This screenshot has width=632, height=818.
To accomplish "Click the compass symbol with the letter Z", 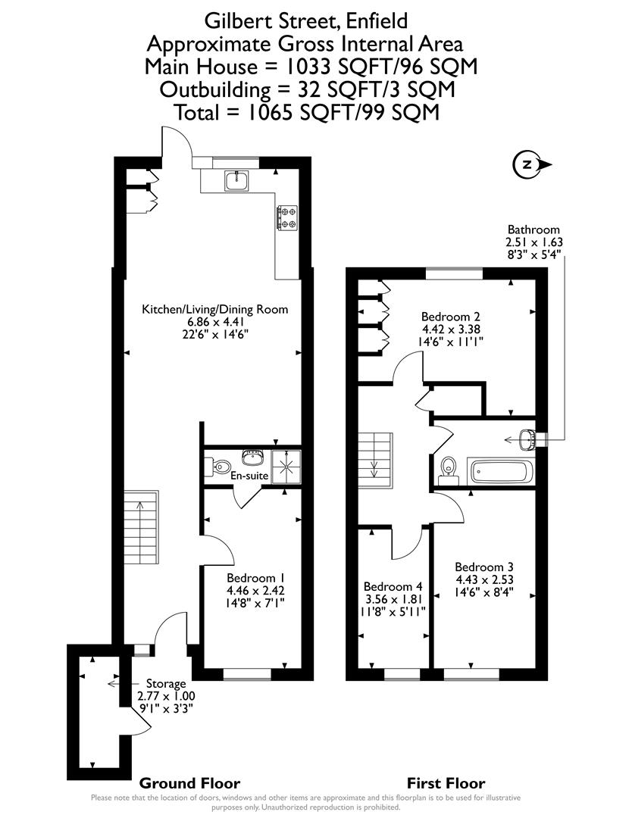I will (x=527, y=164).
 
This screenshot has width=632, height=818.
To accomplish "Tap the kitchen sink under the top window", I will (x=236, y=180).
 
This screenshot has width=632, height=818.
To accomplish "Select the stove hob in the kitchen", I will (x=288, y=217).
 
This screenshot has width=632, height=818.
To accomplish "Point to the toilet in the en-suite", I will (x=219, y=465).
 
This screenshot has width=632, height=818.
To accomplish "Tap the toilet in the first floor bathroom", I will (x=447, y=470).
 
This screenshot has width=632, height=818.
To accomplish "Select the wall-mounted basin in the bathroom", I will (x=527, y=439).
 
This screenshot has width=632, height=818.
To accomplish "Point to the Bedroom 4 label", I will (x=393, y=586).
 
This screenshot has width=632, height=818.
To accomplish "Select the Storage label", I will (x=166, y=684).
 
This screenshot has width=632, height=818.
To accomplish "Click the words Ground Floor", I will (x=189, y=783).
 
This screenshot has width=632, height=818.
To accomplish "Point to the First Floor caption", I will (x=446, y=783).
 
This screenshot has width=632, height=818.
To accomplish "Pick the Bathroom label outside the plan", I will (x=533, y=229).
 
